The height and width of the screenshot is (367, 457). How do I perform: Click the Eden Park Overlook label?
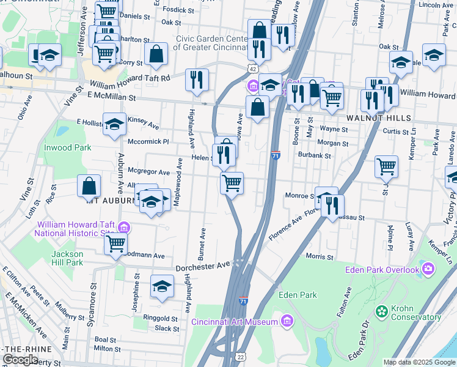click(382, 270)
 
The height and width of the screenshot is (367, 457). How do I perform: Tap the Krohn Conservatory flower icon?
click(382, 312)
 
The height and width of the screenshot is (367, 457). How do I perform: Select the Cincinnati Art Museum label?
click(235, 322)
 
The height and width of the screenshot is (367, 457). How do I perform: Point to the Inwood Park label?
click(67, 147)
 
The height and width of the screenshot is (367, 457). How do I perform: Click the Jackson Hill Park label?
click(67, 258)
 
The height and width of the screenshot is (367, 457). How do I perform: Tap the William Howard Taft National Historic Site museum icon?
click(124, 228)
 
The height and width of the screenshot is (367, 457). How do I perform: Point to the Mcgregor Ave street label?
click(148, 172)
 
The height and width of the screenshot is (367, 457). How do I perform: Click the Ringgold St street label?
click(160, 318)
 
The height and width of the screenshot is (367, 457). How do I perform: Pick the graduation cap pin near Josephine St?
click(162, 286)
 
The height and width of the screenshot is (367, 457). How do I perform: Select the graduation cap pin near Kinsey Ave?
click(114, 124)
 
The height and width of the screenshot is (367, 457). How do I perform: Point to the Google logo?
click(20, 360)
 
